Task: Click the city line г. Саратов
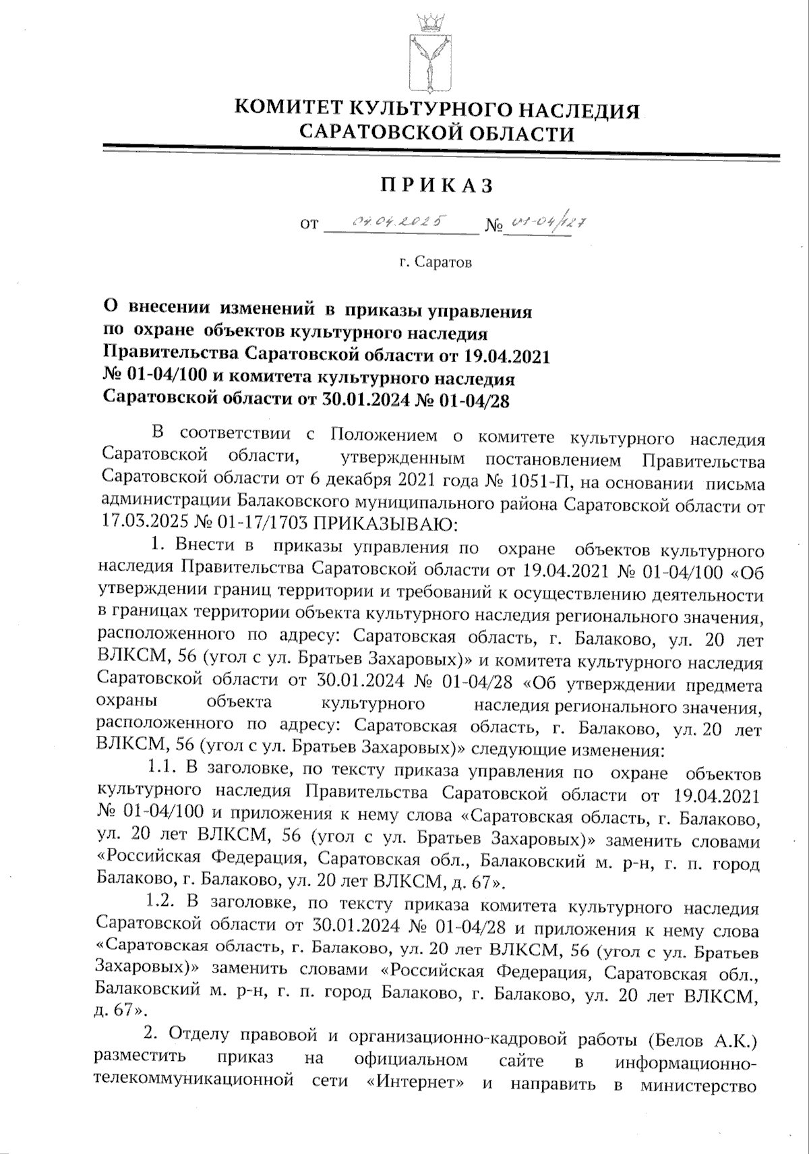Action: pyautogui.click(x=435, y=262)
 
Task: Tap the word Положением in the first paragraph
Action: pyautogui.click(x=383, y=438)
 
